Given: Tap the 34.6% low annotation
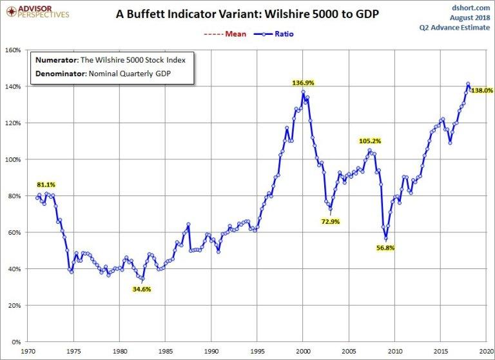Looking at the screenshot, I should pos(142,289).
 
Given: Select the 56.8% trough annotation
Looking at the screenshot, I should pos(385,247).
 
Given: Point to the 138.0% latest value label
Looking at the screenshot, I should pos(482,91).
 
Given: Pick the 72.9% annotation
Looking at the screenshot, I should pos(329,221).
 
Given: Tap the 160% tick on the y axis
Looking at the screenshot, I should pos(15,50).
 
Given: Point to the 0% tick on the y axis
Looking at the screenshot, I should pos(19,342).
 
